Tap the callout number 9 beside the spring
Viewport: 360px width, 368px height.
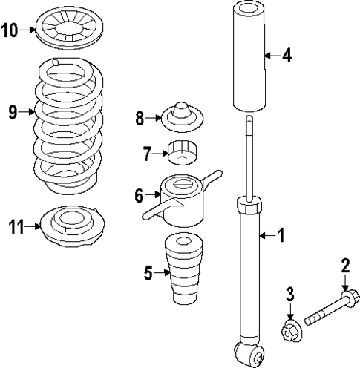pyautogui.click(x=12, y=113)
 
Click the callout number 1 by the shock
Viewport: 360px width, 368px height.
pyautogui.click(x=280, y=236)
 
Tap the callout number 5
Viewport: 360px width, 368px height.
pyautogui.click(x=148, y=274)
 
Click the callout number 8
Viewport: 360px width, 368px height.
pyautogui.click(x=140, y=116)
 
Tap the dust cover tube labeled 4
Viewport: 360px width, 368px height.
pyautogui.click(x=246, y=56)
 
